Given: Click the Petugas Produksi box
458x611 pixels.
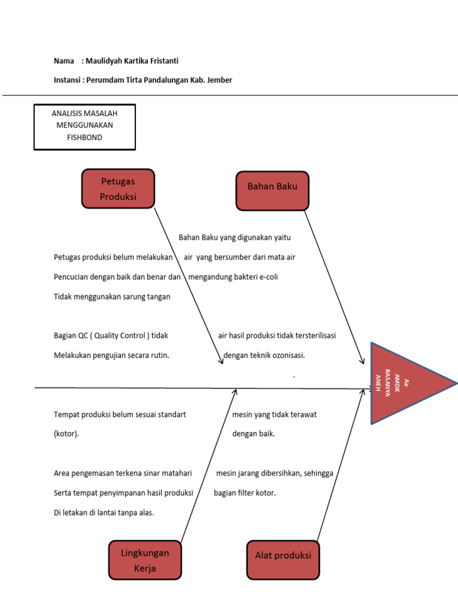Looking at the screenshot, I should coord(118,189).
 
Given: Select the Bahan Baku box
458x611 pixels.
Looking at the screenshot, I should coord(272,191).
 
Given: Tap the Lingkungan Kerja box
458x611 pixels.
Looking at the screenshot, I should coord(145,560).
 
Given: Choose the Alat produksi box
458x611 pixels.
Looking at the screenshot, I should coord(283,559).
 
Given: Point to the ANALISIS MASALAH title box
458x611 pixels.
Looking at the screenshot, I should coord(85,126).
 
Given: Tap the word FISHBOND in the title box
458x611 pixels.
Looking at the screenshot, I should coord(85,137).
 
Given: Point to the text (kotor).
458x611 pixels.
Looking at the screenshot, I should coord(66,434).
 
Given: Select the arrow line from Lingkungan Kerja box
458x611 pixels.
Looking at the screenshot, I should coord(209,465).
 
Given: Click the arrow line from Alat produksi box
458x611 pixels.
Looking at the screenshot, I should coord(340,465).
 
